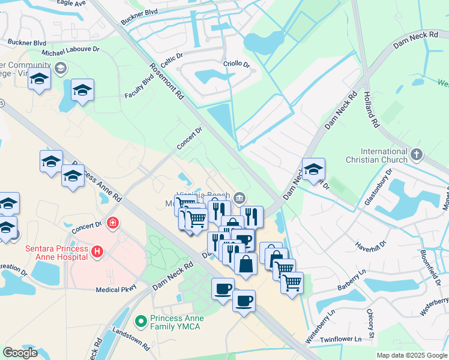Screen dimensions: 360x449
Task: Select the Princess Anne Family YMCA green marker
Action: coord(142,322)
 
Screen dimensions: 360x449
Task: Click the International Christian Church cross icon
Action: coord(417,155)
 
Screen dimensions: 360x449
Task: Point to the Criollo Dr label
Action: coord(236,64)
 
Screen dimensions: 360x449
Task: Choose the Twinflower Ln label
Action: coord(341,339)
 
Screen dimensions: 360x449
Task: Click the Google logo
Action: coord(20,353)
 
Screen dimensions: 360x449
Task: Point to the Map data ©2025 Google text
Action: coord(412,355)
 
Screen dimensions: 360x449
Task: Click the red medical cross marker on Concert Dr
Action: coord(112,224)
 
